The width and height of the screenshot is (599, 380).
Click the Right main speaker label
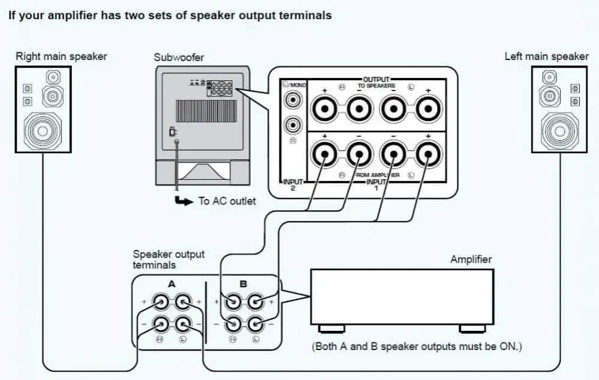pos(61,57)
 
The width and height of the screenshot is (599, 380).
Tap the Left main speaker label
pos(546,56)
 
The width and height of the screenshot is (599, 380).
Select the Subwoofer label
pos(179,58)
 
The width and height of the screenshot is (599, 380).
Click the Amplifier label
pos(471,260)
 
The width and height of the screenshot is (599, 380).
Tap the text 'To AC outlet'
pos(227,201)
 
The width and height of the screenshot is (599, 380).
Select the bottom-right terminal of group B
pos(255,324)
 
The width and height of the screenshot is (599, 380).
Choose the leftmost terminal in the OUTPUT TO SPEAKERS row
pos(324,109)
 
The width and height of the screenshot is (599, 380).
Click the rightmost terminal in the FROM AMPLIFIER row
pos(427,156)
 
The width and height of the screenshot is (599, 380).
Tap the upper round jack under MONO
pos(293,99)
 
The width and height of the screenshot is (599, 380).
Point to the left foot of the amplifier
pos(331,328)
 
